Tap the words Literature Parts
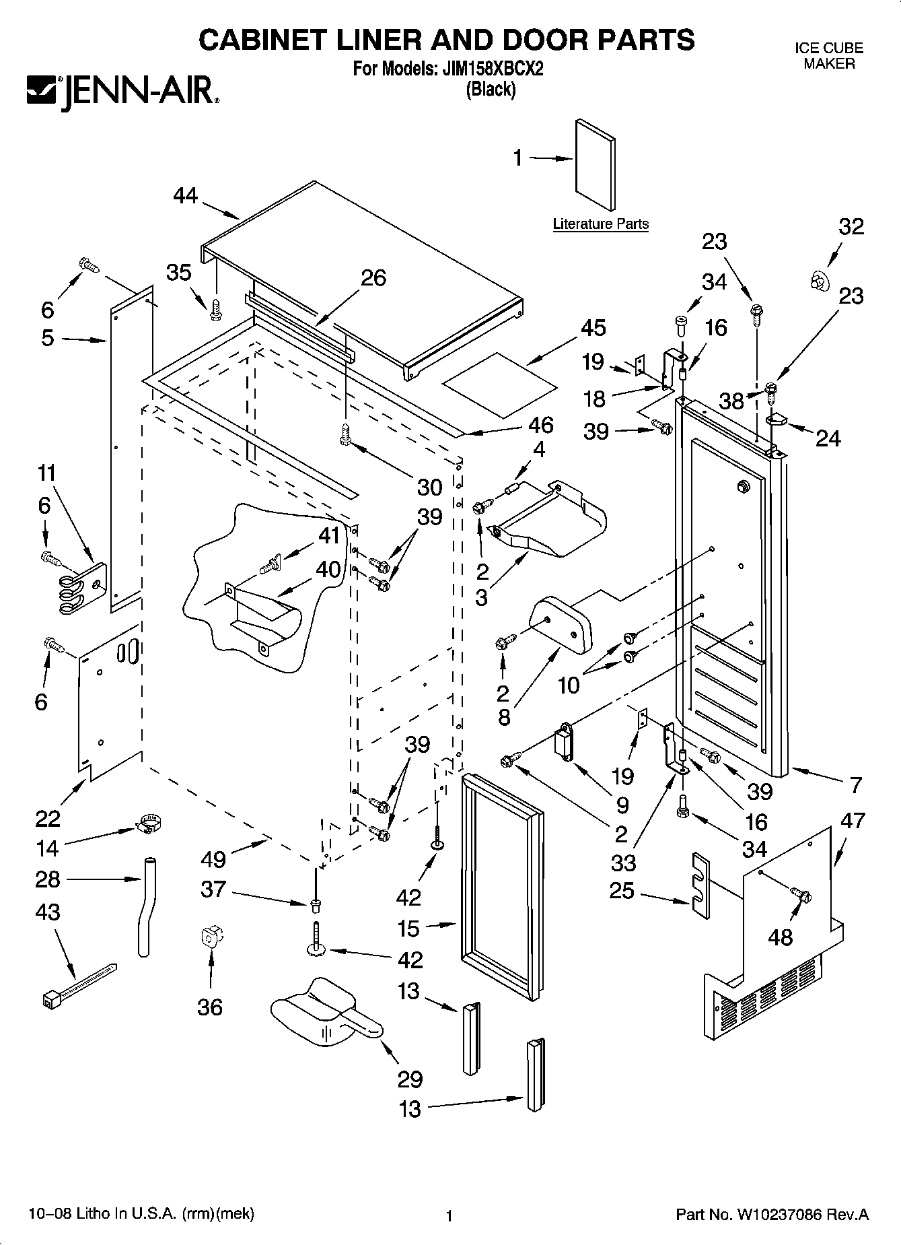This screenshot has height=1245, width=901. [601, 224]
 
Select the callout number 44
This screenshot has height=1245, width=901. [186, 195]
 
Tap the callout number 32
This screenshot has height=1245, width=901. [851, 226]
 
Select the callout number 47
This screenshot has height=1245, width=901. [853, 821]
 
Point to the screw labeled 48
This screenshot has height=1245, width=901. [800, 895]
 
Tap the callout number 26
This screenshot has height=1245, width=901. [373, 277]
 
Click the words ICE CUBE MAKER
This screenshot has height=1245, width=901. [829, 56]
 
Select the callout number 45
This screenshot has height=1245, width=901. [593, 328]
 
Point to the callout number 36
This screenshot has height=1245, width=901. [210, 1007]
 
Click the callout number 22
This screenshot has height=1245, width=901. [48, 819]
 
